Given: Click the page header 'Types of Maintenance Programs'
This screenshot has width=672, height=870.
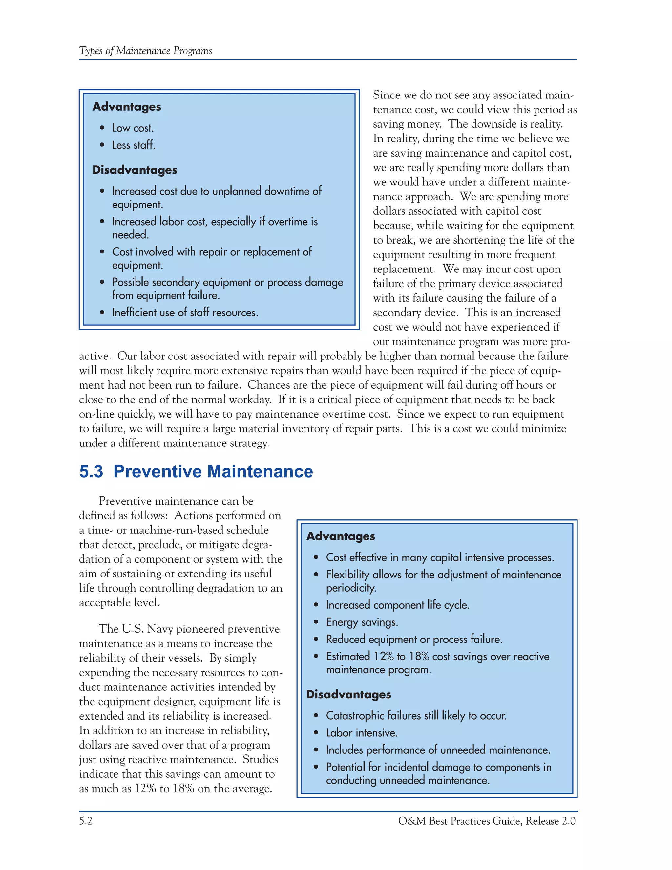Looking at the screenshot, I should click(x=145, y=51).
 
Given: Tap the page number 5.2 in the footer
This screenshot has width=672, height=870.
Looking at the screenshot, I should click(x=86, y=821).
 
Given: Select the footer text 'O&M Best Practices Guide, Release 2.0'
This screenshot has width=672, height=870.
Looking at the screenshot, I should click(x=487, y=821).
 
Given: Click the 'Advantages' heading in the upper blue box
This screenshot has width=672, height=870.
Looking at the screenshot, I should click(x=127, y=107).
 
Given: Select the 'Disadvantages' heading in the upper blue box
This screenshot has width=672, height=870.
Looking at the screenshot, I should click(x=135, y=170).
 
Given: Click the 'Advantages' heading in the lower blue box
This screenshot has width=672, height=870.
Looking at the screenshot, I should click(x=340, y=536).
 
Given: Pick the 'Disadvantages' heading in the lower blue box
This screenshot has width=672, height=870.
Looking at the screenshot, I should click(x=348, y=694).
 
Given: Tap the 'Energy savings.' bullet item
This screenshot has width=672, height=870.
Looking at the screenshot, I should click(x=362, y=622).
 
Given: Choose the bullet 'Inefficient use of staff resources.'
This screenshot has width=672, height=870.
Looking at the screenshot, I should click(x=185, y=313).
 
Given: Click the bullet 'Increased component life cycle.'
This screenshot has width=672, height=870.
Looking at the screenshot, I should click(x=397, y=605).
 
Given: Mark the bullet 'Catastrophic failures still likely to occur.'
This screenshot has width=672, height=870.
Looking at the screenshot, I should click(x=416, y=715).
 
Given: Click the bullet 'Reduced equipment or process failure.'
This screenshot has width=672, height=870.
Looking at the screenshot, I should click(x=414, y=639).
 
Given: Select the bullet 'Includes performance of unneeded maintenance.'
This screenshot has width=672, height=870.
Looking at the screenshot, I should click(x=438, y=750).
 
